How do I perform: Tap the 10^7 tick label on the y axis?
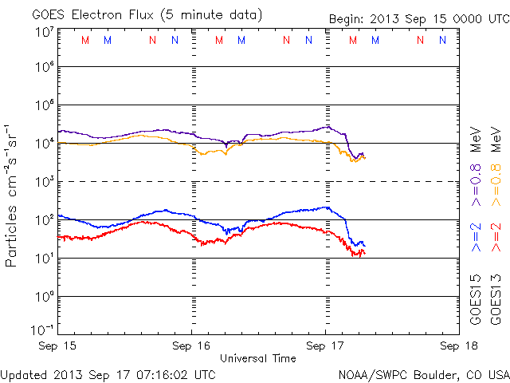point(44,32)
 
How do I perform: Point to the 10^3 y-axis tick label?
point(44,182)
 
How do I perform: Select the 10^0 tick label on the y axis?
point(44,296)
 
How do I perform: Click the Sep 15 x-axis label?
point(57,347)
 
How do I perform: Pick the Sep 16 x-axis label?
point(191,347)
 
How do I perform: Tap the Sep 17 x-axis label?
point(326,347)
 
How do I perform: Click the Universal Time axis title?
point(258,358)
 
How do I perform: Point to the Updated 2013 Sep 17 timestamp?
point(108,373)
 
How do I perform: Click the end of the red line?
point(364,253)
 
